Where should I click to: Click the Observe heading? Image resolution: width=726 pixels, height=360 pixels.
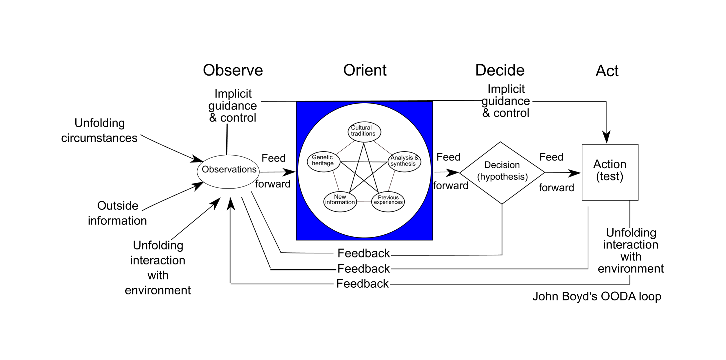tap(233, 71)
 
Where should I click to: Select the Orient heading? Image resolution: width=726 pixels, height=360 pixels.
tap(365, 71)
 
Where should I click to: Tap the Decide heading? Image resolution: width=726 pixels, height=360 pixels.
tap(500, 71)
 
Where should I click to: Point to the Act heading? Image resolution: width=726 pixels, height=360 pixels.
tap(607, 71)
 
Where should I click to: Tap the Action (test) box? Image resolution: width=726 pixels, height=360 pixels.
tap(610, 172)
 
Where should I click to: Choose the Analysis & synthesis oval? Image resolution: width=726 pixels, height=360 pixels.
tap(404, 162)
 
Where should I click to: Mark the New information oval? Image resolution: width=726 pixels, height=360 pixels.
tap(340, 201)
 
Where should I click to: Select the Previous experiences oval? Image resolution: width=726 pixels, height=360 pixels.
tap(388, 201)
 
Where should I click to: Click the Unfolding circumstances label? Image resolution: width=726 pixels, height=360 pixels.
tap(99, 131)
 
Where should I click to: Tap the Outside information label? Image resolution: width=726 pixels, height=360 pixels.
tap(117, 213)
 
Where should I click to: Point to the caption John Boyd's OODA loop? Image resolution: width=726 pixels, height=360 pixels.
tap(596, 296)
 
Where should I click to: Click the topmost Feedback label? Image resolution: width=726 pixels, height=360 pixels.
tap(363, 253)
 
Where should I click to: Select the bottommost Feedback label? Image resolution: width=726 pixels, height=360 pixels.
tap(363, 284)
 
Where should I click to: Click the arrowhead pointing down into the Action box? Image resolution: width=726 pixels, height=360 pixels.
tap(606, 137)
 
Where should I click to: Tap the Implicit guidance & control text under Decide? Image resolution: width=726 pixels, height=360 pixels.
tap(506, 101)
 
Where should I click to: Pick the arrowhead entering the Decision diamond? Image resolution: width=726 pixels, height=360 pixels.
tap(453, 173)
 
